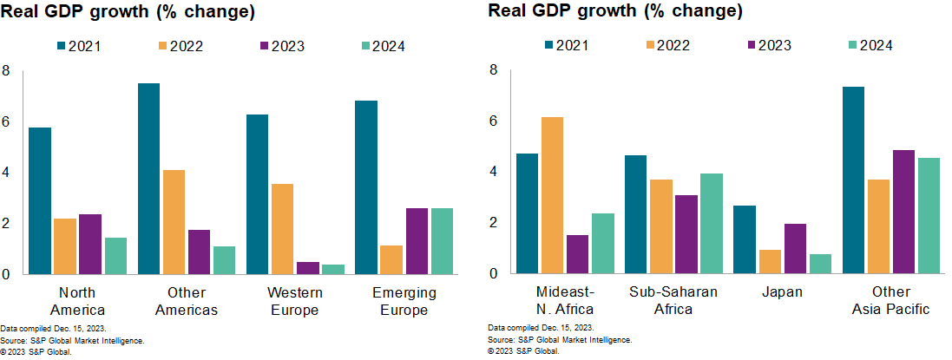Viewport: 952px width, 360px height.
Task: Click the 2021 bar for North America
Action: tap(40, 201)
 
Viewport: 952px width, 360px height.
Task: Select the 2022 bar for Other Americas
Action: tap(173, 222)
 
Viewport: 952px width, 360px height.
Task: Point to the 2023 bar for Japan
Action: tap(793, 249)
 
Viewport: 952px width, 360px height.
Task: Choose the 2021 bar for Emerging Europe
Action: tap(365, 187)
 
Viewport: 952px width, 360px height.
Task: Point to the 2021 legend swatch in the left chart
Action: tap(62, 46)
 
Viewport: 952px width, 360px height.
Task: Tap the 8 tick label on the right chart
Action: tap(494, 70)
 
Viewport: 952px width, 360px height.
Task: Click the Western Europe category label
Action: tap(295, 301)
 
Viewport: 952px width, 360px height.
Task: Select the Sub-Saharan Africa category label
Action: tap(673, 300)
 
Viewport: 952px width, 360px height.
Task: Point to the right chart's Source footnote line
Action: tap(560, 340)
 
